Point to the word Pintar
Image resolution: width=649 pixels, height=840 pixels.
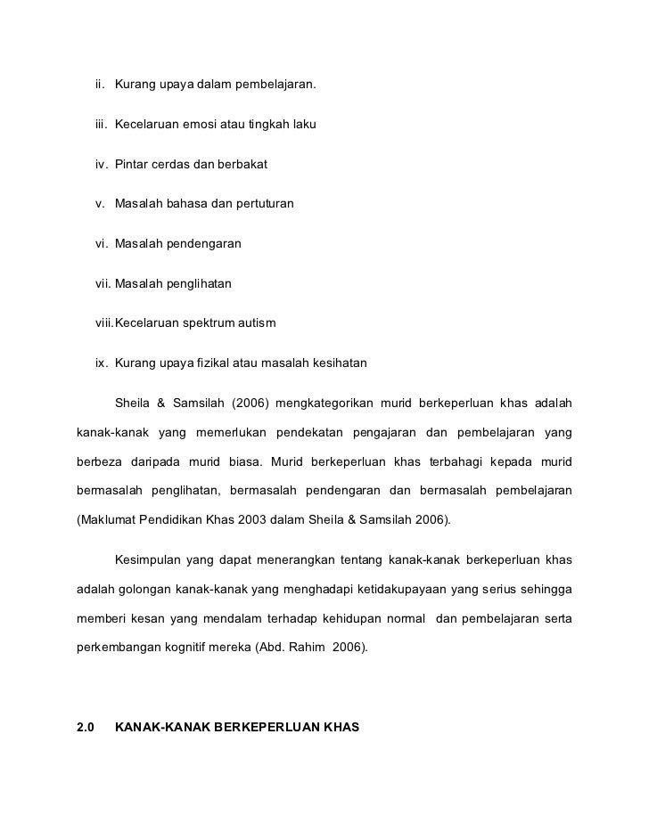(x=132, y=165)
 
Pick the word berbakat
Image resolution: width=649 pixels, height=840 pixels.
(x=241, y=165)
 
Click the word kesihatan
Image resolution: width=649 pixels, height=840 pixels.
(x=337, y=363)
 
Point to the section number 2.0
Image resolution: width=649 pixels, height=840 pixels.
(x=86, y=727)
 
